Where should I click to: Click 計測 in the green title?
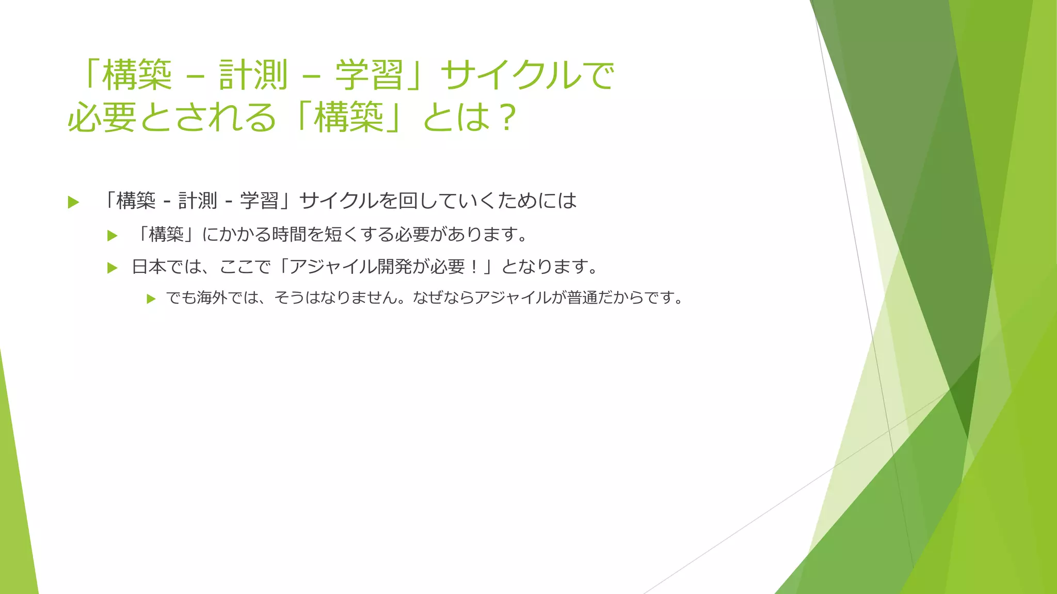click(x=253, y=75)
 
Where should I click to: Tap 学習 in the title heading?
click(x=370, y=75)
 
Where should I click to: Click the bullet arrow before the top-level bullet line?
click(x=73, y=202)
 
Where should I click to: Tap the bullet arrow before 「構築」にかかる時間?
click(x=112, y=236)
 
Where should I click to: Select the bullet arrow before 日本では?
click(x=112, y=268)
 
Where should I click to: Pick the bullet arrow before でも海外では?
click(x=151, y=299)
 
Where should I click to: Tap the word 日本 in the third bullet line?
click(x=149, y=267)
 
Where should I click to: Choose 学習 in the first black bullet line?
click(x=259, y=201)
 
